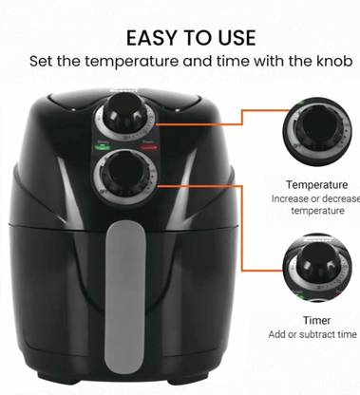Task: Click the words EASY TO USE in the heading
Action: tap(190, 38)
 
